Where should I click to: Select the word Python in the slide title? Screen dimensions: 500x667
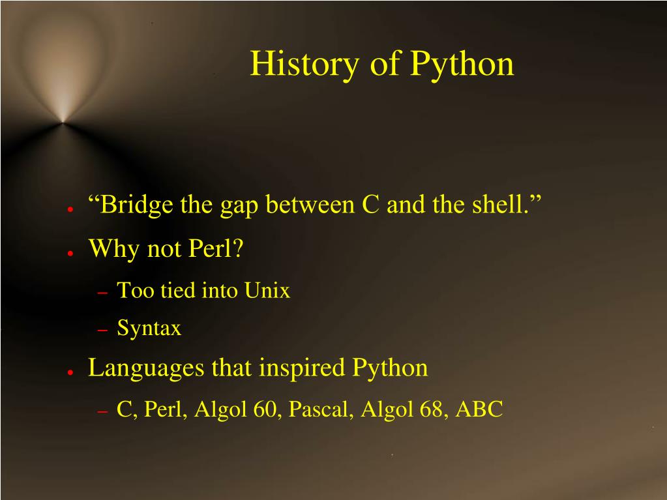click(x=462, y=65)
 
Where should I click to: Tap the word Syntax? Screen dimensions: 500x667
click(x=149, y=329)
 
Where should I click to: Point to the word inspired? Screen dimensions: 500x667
click(x=303, y=368)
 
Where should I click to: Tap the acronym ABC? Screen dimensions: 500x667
click(x=479, y=409)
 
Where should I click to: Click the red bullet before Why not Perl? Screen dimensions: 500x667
click(x=68, y=252)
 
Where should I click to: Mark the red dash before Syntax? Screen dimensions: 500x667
click(x=102, y=331)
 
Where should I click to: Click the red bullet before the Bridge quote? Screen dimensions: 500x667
click(x=68, y=209)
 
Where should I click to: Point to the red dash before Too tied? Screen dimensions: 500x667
click(x=102, y=293)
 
